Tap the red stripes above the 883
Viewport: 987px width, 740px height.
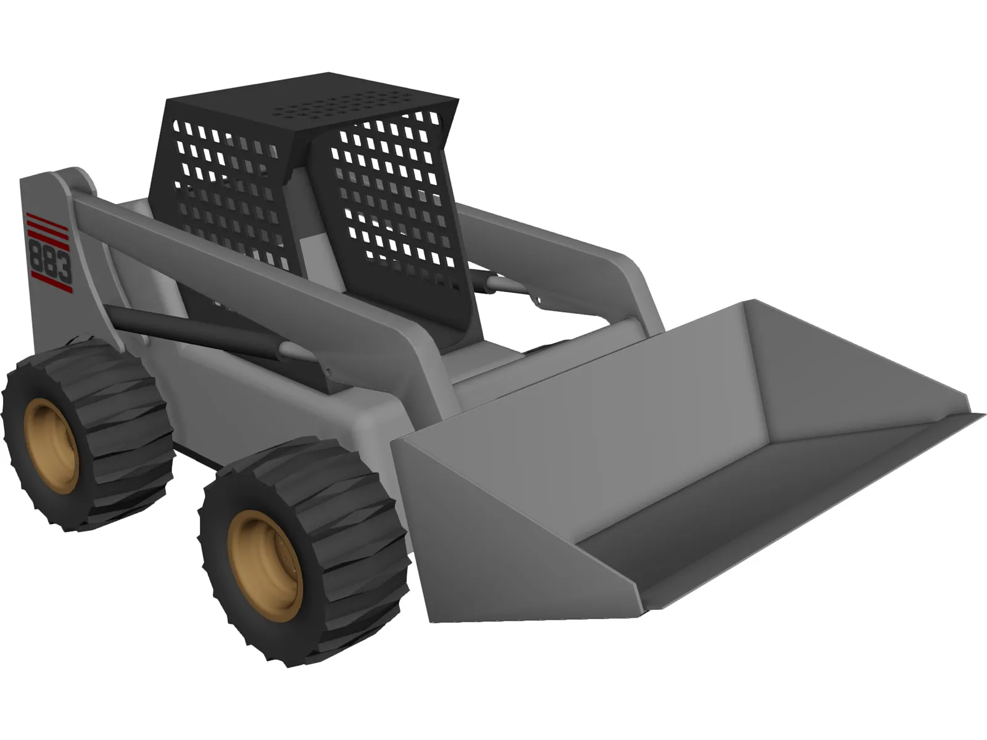click(49, 223)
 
